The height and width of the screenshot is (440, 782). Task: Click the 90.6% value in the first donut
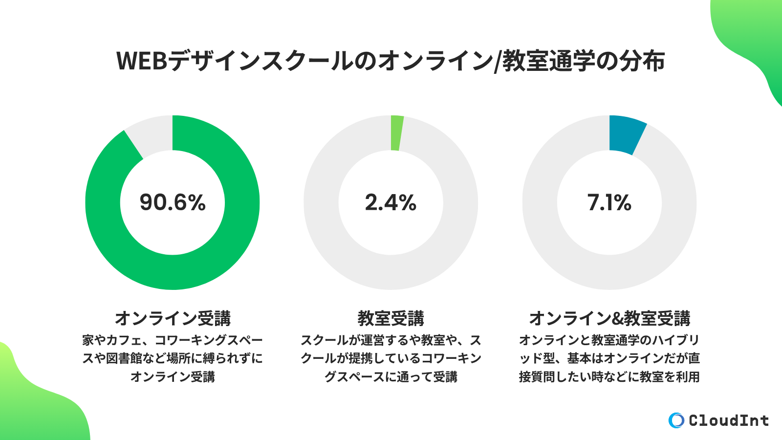(173, 202)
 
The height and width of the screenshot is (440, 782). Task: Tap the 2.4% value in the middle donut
(391, 202)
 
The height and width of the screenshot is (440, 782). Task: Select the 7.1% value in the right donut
(609, 202)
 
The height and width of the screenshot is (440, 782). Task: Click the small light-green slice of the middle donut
(396, 133)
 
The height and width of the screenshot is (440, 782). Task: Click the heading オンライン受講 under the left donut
(173, 318)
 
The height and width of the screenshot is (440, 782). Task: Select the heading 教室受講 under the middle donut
(391, 318)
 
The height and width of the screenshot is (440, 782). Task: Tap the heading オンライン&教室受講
(609, 318)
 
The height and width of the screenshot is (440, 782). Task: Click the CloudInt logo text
(728, 420)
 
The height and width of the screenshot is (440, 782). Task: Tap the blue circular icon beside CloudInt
(676, 420)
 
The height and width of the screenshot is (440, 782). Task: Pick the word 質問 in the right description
(546, 377)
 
